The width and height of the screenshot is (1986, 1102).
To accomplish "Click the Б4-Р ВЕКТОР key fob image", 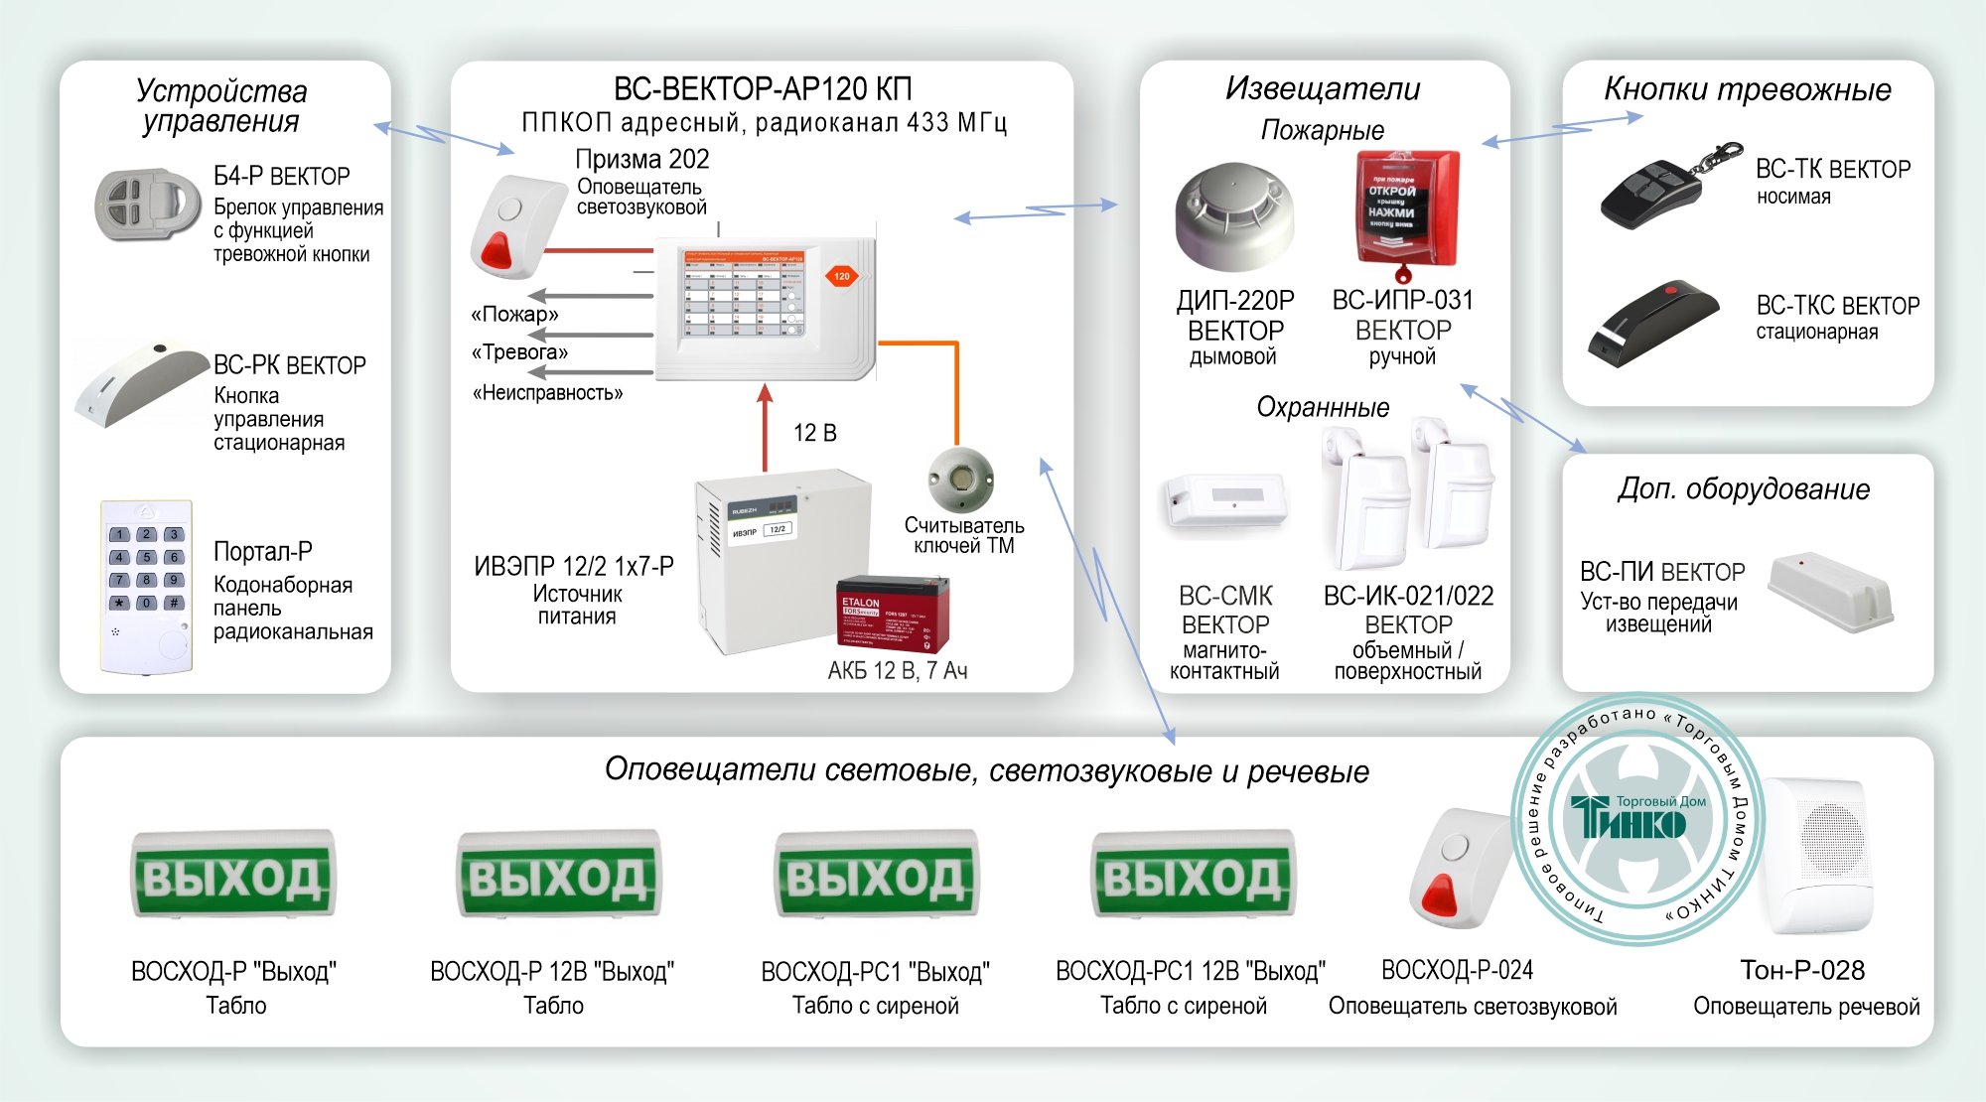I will coord(146,205).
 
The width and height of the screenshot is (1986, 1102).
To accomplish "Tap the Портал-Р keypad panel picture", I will coord(146,586).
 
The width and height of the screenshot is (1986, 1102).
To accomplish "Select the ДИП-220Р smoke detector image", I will coord(1234,216).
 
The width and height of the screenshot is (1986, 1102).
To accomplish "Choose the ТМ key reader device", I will coord(960,480).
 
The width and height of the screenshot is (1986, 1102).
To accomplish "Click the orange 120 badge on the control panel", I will coord(842,276).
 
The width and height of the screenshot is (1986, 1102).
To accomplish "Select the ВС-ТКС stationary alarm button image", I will coord(1651,321).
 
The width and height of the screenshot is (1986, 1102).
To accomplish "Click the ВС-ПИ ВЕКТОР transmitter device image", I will coord(1829,592).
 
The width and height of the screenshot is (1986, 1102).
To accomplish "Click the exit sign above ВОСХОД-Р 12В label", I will coord(557,875).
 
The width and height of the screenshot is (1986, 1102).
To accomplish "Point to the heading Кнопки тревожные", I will coord(1747,89).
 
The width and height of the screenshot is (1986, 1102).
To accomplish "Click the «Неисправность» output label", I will coord(547,393).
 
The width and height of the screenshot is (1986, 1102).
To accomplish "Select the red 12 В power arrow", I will coord(765,427).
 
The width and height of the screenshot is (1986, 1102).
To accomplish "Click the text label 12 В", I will coord(814,433).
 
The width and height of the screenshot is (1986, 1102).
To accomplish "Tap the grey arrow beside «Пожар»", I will coord(590,296).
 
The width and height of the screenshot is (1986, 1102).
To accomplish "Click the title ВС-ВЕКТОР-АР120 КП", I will coord(762,89).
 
